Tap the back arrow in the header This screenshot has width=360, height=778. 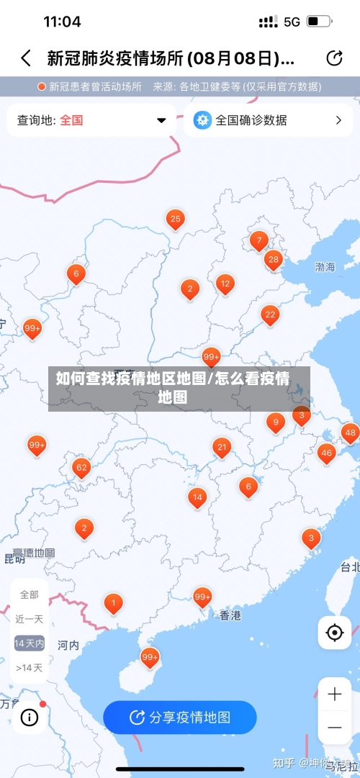point(26,58)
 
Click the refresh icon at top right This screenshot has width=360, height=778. point(334,58)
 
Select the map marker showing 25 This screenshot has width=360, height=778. point(175,219)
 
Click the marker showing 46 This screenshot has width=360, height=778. point(326,453)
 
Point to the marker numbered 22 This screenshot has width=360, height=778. point(270,315)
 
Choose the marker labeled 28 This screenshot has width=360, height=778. point(273,259)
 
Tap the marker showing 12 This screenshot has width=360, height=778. point(225,284)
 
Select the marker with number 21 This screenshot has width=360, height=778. point(222,448)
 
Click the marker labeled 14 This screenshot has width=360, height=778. point(197,497)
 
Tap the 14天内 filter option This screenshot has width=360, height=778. point(30,643)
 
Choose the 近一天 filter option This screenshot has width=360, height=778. point(30,618)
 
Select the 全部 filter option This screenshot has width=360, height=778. point(30,594)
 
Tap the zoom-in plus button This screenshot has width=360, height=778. point(335,695)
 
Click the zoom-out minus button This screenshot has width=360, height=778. point(335,728)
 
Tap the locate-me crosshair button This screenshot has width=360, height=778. point(335,633)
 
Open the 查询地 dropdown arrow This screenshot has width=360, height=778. point(161,120)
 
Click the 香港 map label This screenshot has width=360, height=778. point(230,615)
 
